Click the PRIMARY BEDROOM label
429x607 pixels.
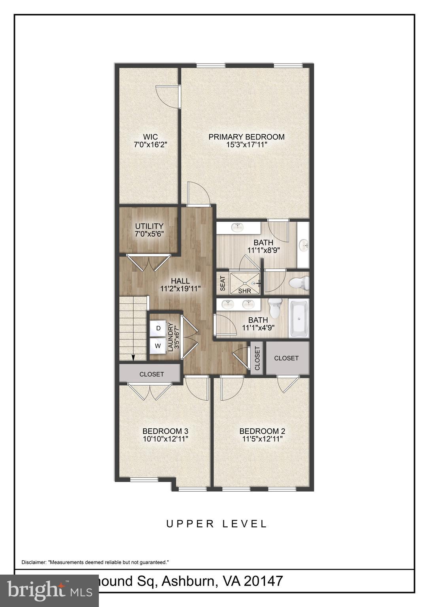tap(246, 137)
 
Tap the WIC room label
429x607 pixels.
tap(151, 137)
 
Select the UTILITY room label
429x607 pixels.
tap(149, 226)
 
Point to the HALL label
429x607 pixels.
tap(180, 281)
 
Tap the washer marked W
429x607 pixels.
tap(158, 346)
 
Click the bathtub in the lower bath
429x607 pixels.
tap(299, 319)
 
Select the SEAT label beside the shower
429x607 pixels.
tap(222, 283)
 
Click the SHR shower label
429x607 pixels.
tap(245, 291)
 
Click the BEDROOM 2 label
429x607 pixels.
tap(262, 431)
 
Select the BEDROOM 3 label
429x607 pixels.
tap(165, 431)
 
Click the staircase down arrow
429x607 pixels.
tap(133, 357)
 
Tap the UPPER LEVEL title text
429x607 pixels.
tap(217, 524)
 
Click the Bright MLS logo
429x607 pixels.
tap(49, 590)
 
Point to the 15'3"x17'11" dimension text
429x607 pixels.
tap(246, 145)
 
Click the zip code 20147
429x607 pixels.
tap(263, 581)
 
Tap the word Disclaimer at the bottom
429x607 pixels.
tap(34, 562)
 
